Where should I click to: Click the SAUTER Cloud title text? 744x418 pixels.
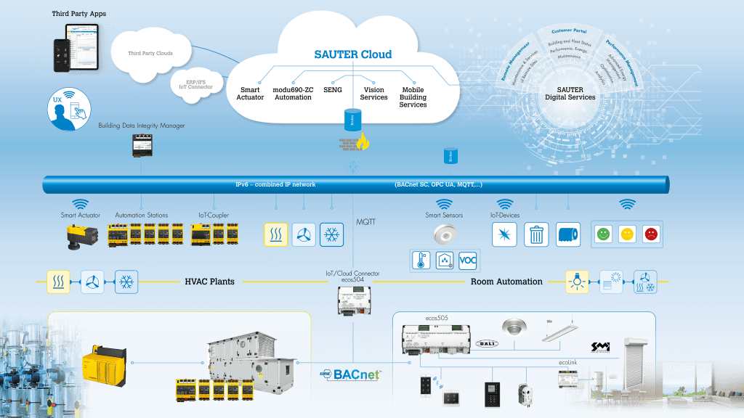(352, 54)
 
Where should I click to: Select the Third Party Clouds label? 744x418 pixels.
(150, 54)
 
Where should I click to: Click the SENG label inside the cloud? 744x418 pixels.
(332, 89)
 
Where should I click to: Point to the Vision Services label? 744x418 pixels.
(374, 94)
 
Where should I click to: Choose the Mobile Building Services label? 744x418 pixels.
(413, 97)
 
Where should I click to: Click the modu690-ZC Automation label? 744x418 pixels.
(292, 94)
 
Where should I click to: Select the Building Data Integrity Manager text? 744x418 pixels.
(142, 126)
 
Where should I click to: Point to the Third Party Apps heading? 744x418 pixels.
(78, 14)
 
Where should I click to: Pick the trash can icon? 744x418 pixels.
(536, 234)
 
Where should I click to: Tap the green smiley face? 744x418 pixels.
(604, 234)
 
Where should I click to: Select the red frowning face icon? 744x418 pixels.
(651, 234)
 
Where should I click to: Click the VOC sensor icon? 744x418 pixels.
(469, 261)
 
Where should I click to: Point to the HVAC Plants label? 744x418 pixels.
(209, 281)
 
